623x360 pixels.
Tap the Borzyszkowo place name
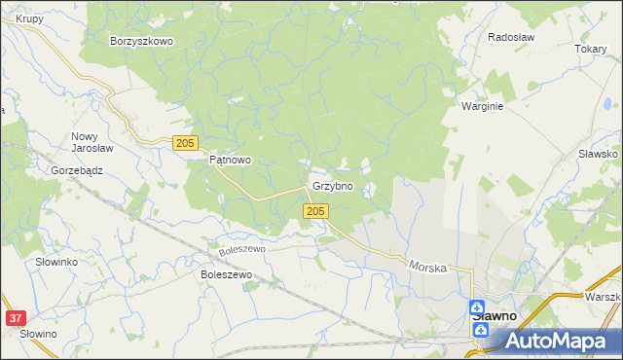pos(141,41)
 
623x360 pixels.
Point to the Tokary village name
pos(590,49)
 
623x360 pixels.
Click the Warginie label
pos(482,107)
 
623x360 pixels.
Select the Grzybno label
pos(332,185)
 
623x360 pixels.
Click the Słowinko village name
pos(56,263)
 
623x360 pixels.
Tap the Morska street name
pos(427,265)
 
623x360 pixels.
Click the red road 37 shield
pos(15,318)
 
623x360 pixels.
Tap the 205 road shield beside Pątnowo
pos(185,143)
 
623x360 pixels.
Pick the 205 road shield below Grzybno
pos(313,211)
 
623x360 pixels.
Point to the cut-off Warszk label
pos(603,296)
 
